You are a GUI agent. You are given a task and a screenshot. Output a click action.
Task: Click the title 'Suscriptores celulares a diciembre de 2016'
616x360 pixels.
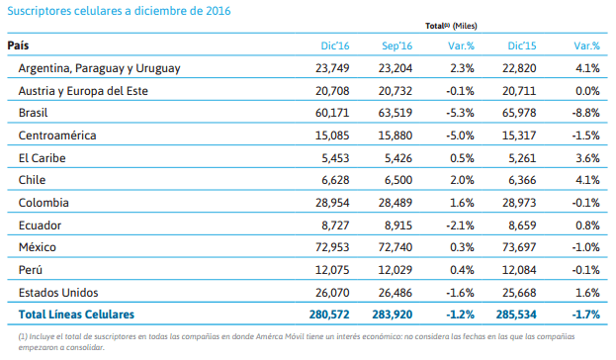(x=119, y=11)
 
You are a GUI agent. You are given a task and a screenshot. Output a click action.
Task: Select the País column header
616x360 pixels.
(x=18, y=45)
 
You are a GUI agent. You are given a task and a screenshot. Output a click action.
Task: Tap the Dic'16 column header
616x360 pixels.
(x=335, y=45)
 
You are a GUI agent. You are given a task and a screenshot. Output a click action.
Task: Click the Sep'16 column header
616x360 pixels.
(x=396, y=45)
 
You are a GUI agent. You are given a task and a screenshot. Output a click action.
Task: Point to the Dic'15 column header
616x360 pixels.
(x=522, y=45)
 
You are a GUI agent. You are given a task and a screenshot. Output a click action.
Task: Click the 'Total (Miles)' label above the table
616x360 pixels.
(x=451, y=26)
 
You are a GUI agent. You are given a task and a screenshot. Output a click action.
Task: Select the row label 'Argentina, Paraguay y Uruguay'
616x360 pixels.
(x=100, y=68)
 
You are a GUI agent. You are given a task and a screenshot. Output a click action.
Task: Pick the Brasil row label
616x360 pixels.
(x=33, y=113)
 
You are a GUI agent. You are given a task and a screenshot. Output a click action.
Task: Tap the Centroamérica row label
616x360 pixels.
(x=57, y=135)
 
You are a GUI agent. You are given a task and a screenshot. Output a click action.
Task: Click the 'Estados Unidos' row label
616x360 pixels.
(x=58, y=293)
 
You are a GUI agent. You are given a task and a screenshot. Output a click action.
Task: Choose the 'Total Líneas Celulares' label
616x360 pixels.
(x=76, y=315)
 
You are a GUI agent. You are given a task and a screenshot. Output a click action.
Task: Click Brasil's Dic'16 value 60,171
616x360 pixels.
(x=332, y=113)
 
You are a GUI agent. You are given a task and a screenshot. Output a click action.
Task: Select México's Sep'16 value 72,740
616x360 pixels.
(x=396, y=247)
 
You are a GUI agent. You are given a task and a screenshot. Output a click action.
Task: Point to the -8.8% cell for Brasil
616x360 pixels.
(x=585, y=113)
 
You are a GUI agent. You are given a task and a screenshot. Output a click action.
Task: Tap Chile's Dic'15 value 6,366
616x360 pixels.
(x=522, y=180)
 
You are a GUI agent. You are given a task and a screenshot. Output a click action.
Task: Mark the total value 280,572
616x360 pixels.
(x=329, y=315)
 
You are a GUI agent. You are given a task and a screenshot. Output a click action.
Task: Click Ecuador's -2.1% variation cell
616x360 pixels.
(x=460, y=225)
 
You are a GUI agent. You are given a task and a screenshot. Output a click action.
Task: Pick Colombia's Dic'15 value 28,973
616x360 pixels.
(x=519, y=203)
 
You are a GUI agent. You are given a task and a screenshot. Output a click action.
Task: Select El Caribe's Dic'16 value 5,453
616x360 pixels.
(x=335, y=158)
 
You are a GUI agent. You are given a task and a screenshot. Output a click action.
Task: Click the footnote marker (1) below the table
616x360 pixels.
(x=23, y=336)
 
